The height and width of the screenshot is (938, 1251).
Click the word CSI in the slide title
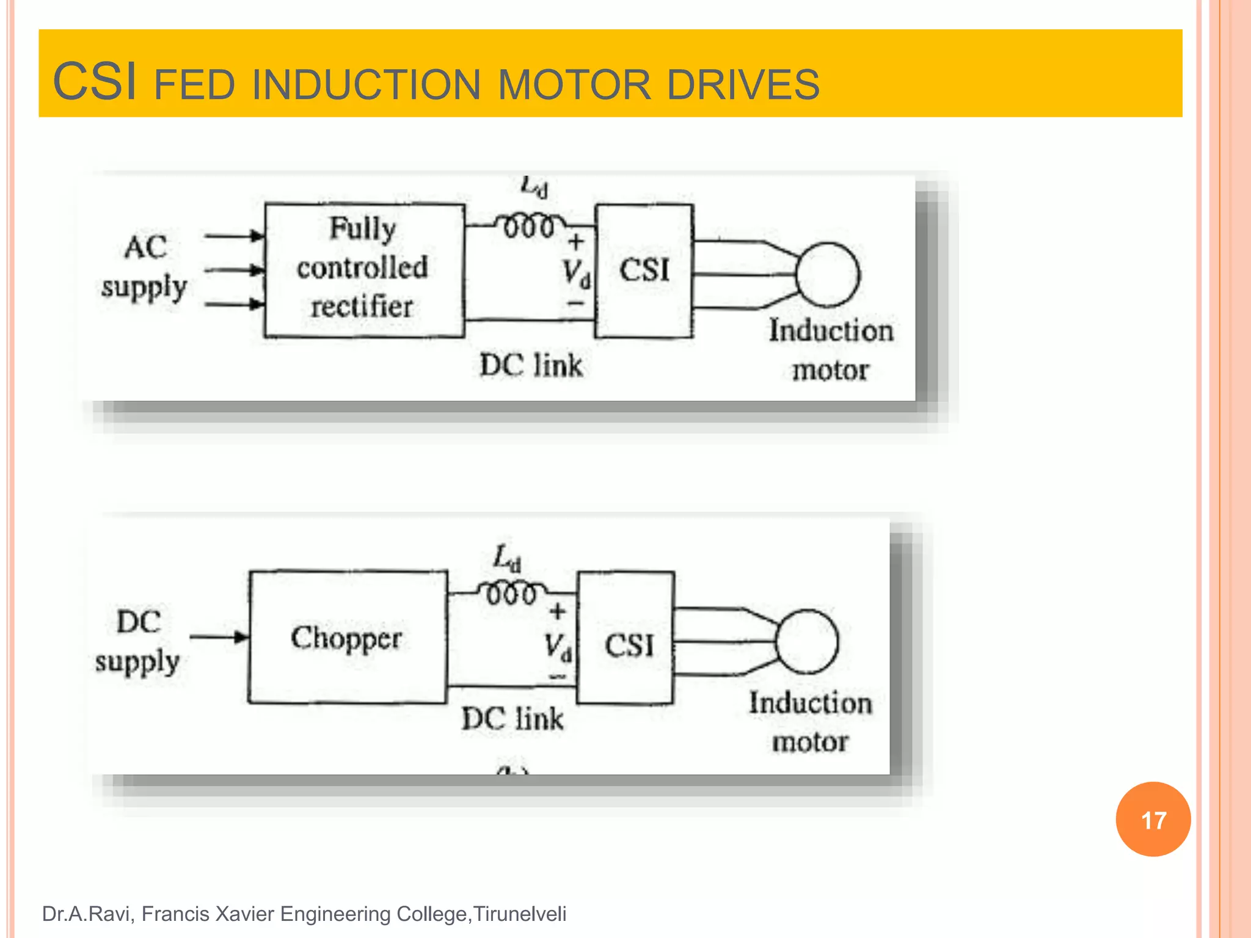(95, 82)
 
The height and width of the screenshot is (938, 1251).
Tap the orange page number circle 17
(1153, 819)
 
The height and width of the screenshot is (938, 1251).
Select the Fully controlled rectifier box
(364, 269)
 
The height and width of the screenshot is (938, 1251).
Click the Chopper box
(347, 638)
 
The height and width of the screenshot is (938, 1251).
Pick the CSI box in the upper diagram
(644, 271)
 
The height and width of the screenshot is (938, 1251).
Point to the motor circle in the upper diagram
(828, 275)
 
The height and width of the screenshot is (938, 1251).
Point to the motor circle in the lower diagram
(807, 641)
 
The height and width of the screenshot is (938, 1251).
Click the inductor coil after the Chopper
(512, 593)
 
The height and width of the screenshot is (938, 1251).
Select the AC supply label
(144, 267)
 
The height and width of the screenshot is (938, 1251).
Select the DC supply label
(138, 641)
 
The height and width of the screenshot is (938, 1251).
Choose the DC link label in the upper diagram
(531, 365)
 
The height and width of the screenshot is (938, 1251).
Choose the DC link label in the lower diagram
(512, 718)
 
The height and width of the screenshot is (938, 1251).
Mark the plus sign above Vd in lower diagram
(557, 611)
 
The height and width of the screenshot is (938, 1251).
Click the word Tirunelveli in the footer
(520, 914)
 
